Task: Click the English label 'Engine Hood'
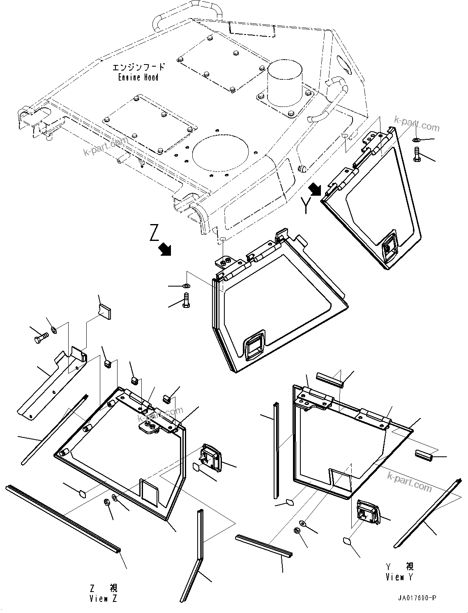tap(138, 77)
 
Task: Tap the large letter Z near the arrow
tap(154, 233)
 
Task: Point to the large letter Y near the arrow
tap(305, 205)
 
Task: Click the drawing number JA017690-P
tap(417, 597)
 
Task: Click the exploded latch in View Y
tap(369, 512)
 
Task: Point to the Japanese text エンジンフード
tap(139, 67)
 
